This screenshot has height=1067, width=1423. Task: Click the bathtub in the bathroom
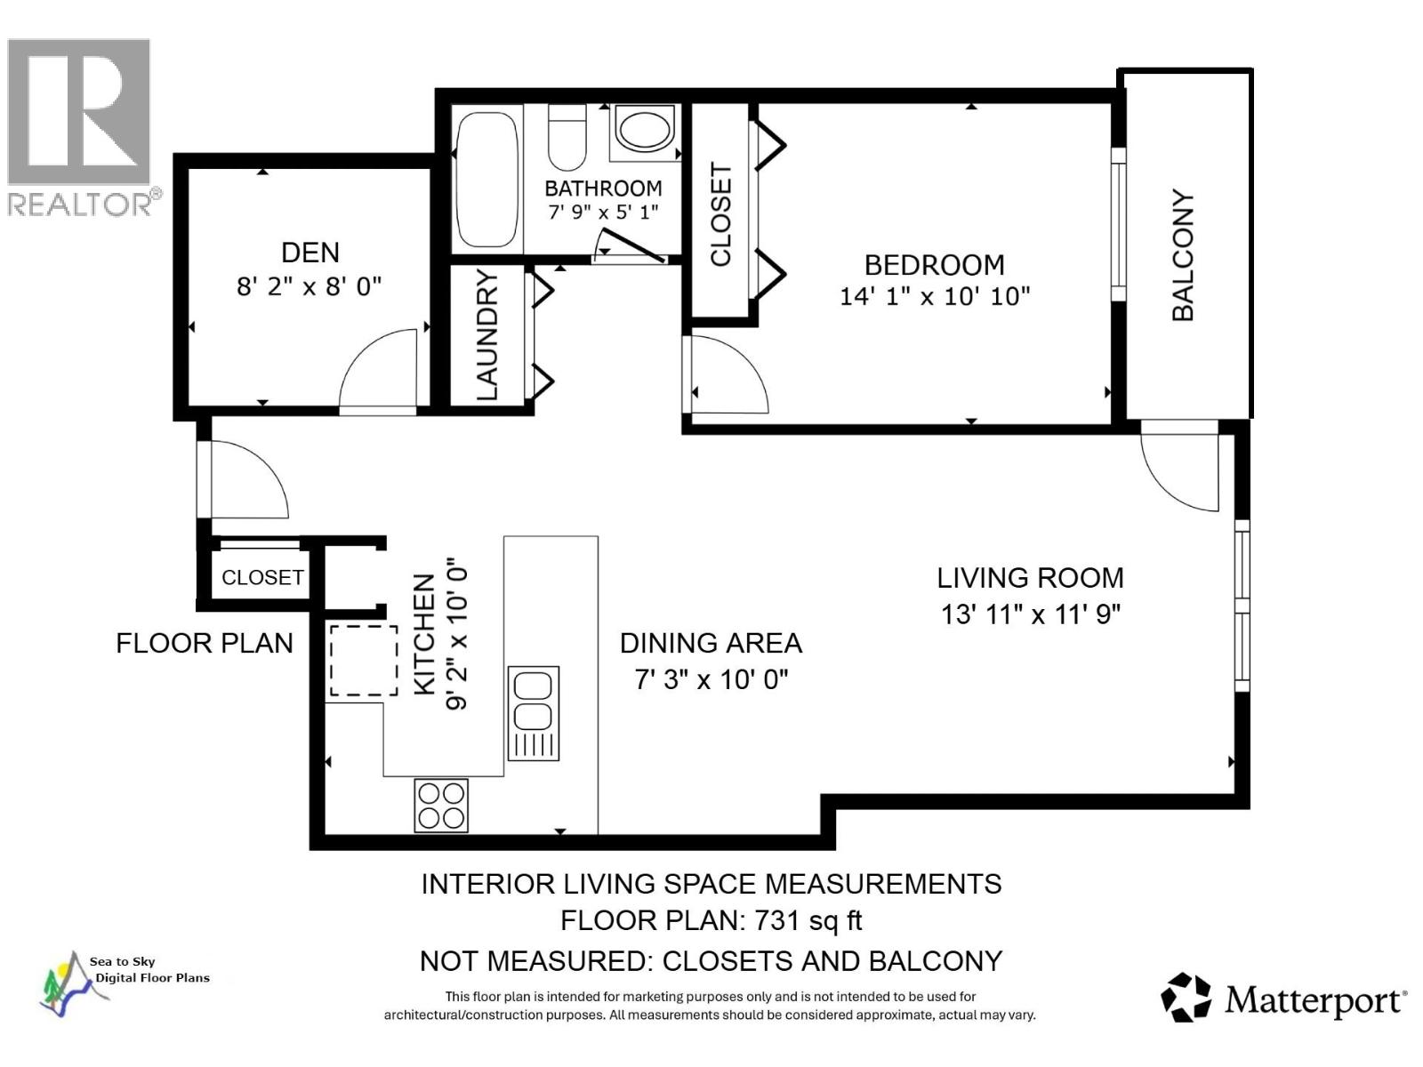coord(487,180)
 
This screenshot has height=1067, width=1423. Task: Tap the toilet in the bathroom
coord(567,137)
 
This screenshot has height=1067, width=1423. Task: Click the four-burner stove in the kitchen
coord(441,806)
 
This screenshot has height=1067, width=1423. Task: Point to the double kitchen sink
coord(533,712)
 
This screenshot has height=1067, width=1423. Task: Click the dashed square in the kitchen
coord(364,660)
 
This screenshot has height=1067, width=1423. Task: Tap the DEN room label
coord(310,253)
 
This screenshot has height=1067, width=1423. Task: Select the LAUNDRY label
coord(486,334)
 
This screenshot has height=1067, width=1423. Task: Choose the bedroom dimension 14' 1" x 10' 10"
coord(934,297)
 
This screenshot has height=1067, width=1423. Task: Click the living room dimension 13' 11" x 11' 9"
coord(1031,614)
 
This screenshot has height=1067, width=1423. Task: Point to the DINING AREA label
coord(711,643)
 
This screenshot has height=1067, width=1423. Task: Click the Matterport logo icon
coord(1185,997)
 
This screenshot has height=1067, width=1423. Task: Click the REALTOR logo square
coord(79,111)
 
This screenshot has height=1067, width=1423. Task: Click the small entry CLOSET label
coord(262,577)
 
